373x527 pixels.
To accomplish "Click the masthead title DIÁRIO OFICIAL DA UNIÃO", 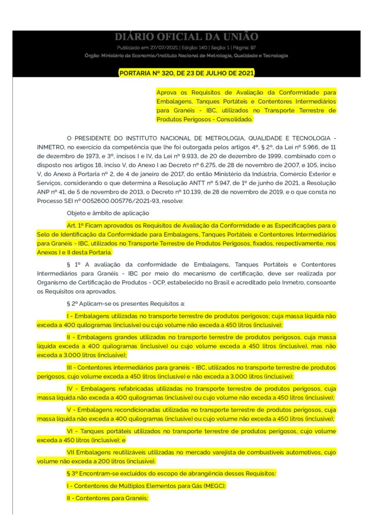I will tap(186, 37).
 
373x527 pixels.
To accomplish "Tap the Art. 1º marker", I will tap(76, 225).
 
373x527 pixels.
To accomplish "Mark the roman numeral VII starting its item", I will tap(72, 452).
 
